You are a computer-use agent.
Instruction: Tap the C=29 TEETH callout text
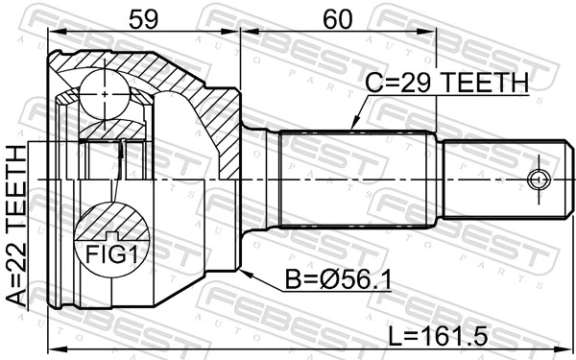click(x=445, y=84)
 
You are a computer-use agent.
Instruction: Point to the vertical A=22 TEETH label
click(x=17, y=226)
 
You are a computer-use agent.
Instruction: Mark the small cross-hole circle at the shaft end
click(x=538, y=180)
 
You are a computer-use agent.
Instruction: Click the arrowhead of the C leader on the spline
click(x=352, y=127)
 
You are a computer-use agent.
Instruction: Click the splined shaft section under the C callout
click(x=355, y=180)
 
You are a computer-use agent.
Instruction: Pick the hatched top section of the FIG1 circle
click(x=112, y=221)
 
